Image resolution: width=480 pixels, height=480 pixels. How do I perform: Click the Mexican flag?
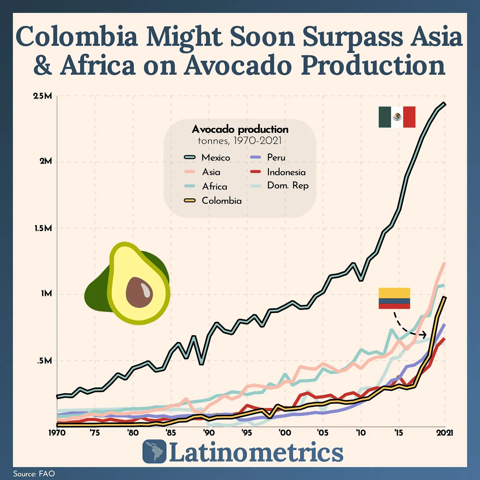point(397,117)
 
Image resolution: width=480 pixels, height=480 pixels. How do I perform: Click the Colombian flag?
point(394,298)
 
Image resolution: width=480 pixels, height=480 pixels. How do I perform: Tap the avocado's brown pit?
point(139,292)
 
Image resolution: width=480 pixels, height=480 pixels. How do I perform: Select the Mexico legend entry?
point(216,158)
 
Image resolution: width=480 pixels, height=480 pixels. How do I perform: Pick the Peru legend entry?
point(276,158)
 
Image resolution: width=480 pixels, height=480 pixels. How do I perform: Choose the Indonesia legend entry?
point(286,172)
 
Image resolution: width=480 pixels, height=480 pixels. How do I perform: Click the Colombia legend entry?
point(221,200)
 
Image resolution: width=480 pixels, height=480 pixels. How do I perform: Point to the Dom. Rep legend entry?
point(287,186)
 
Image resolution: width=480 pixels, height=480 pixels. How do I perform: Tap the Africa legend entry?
point(214,186)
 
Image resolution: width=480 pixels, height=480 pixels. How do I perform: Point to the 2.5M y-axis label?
point(43,96)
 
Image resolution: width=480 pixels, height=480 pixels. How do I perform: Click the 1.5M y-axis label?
point(43,228)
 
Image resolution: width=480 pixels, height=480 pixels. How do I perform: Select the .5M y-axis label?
point(45,361)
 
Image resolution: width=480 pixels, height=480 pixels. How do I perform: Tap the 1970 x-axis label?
point(57,433)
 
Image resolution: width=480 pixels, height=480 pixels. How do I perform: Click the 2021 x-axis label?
point(445,433)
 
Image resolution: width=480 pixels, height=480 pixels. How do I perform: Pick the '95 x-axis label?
point(247,433)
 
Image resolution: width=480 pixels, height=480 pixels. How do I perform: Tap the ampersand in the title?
point(43,65)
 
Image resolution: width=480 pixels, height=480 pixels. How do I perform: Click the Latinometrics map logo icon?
point(154,451)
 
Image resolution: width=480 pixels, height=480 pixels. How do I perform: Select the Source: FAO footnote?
point(34,474)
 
